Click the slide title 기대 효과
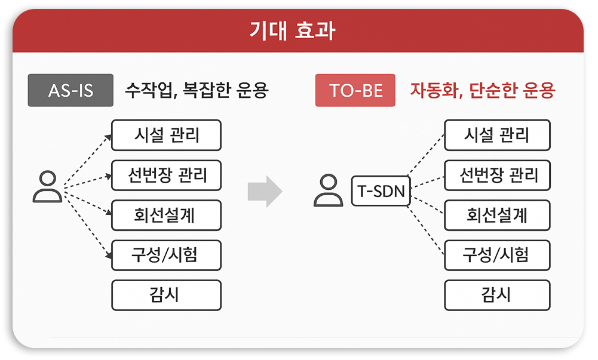[x=292, y=30]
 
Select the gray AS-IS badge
[x=70, y=91]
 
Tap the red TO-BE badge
[x=355, y=91]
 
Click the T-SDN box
[x=381, y=192]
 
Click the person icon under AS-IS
[x=47, y=186]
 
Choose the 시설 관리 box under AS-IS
[x=166, y=135]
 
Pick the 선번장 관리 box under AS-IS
[x=166, y=175]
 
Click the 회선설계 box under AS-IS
[x=166, y=215]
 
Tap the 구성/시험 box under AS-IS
[x=166, y=255]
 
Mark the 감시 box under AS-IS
[x=166, y=295]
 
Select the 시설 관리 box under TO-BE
[x=497, y=135]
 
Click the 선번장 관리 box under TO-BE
[x=497, y=175]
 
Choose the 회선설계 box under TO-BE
[x=497, y=215]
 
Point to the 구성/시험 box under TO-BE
[x=497, y=255]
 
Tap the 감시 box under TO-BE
[x=497, y=295]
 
